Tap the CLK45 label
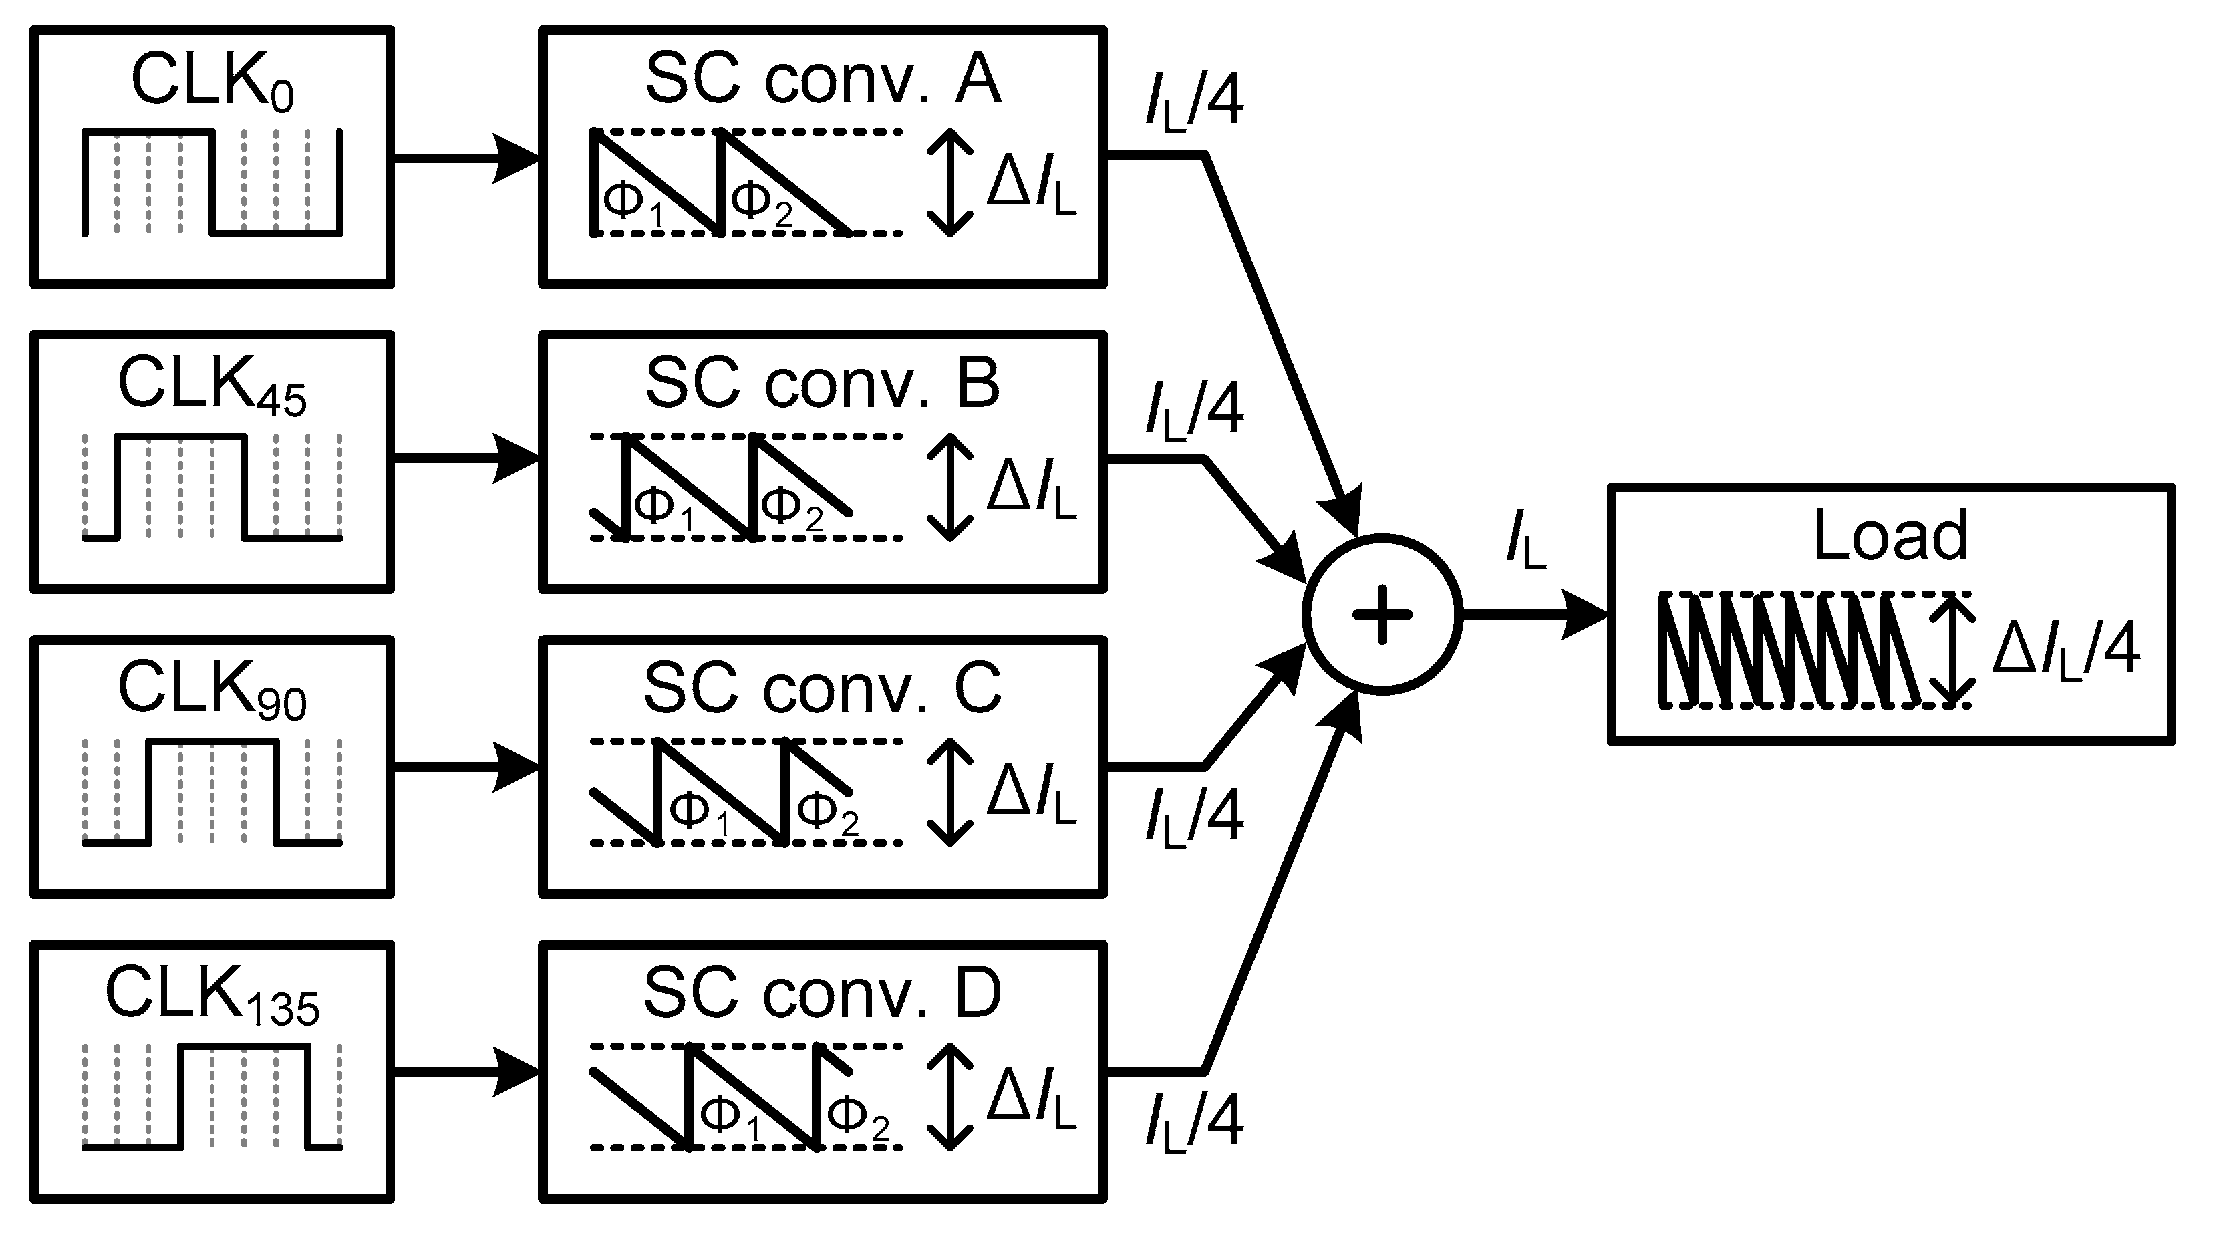(212, 386)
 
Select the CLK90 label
(212, 692)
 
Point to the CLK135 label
(212, 996)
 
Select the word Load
(1890, 536)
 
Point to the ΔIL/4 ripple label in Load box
(2065, 650)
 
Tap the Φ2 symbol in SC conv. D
(857, 1117)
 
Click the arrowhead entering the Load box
(1586, 615)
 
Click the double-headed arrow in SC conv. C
(950, 792)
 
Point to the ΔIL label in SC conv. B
(1031, 490)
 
